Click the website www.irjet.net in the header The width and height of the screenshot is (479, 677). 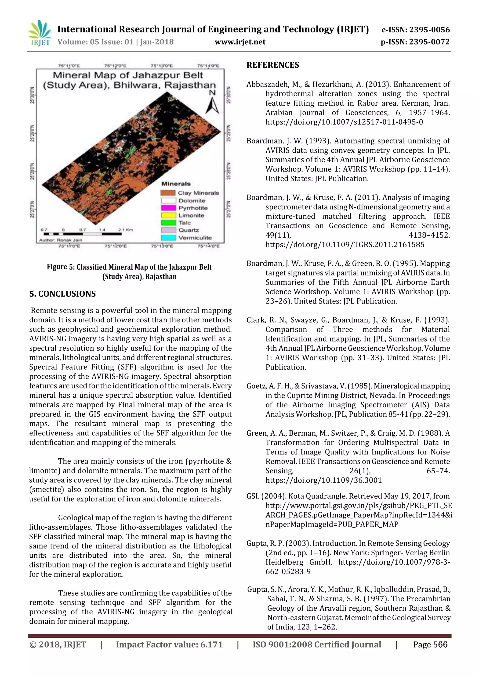(240, 42)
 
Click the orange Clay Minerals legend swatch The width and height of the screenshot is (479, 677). (168, 193)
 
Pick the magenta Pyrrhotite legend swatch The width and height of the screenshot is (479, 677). (168, 208)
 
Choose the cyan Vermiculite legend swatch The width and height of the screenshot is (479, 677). (168, 238)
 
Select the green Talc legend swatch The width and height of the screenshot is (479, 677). (168, 223)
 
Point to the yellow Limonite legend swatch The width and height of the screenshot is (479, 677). (168, 215)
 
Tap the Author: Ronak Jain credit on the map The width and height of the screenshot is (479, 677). (61, 240)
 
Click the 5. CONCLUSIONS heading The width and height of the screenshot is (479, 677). (63, 294)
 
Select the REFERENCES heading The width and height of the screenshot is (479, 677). (273, 65)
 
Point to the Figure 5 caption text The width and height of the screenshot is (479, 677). (129, 271)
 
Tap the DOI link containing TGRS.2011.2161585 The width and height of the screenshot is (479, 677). (345, 244)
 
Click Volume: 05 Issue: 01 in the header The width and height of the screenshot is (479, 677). (96, 42)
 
